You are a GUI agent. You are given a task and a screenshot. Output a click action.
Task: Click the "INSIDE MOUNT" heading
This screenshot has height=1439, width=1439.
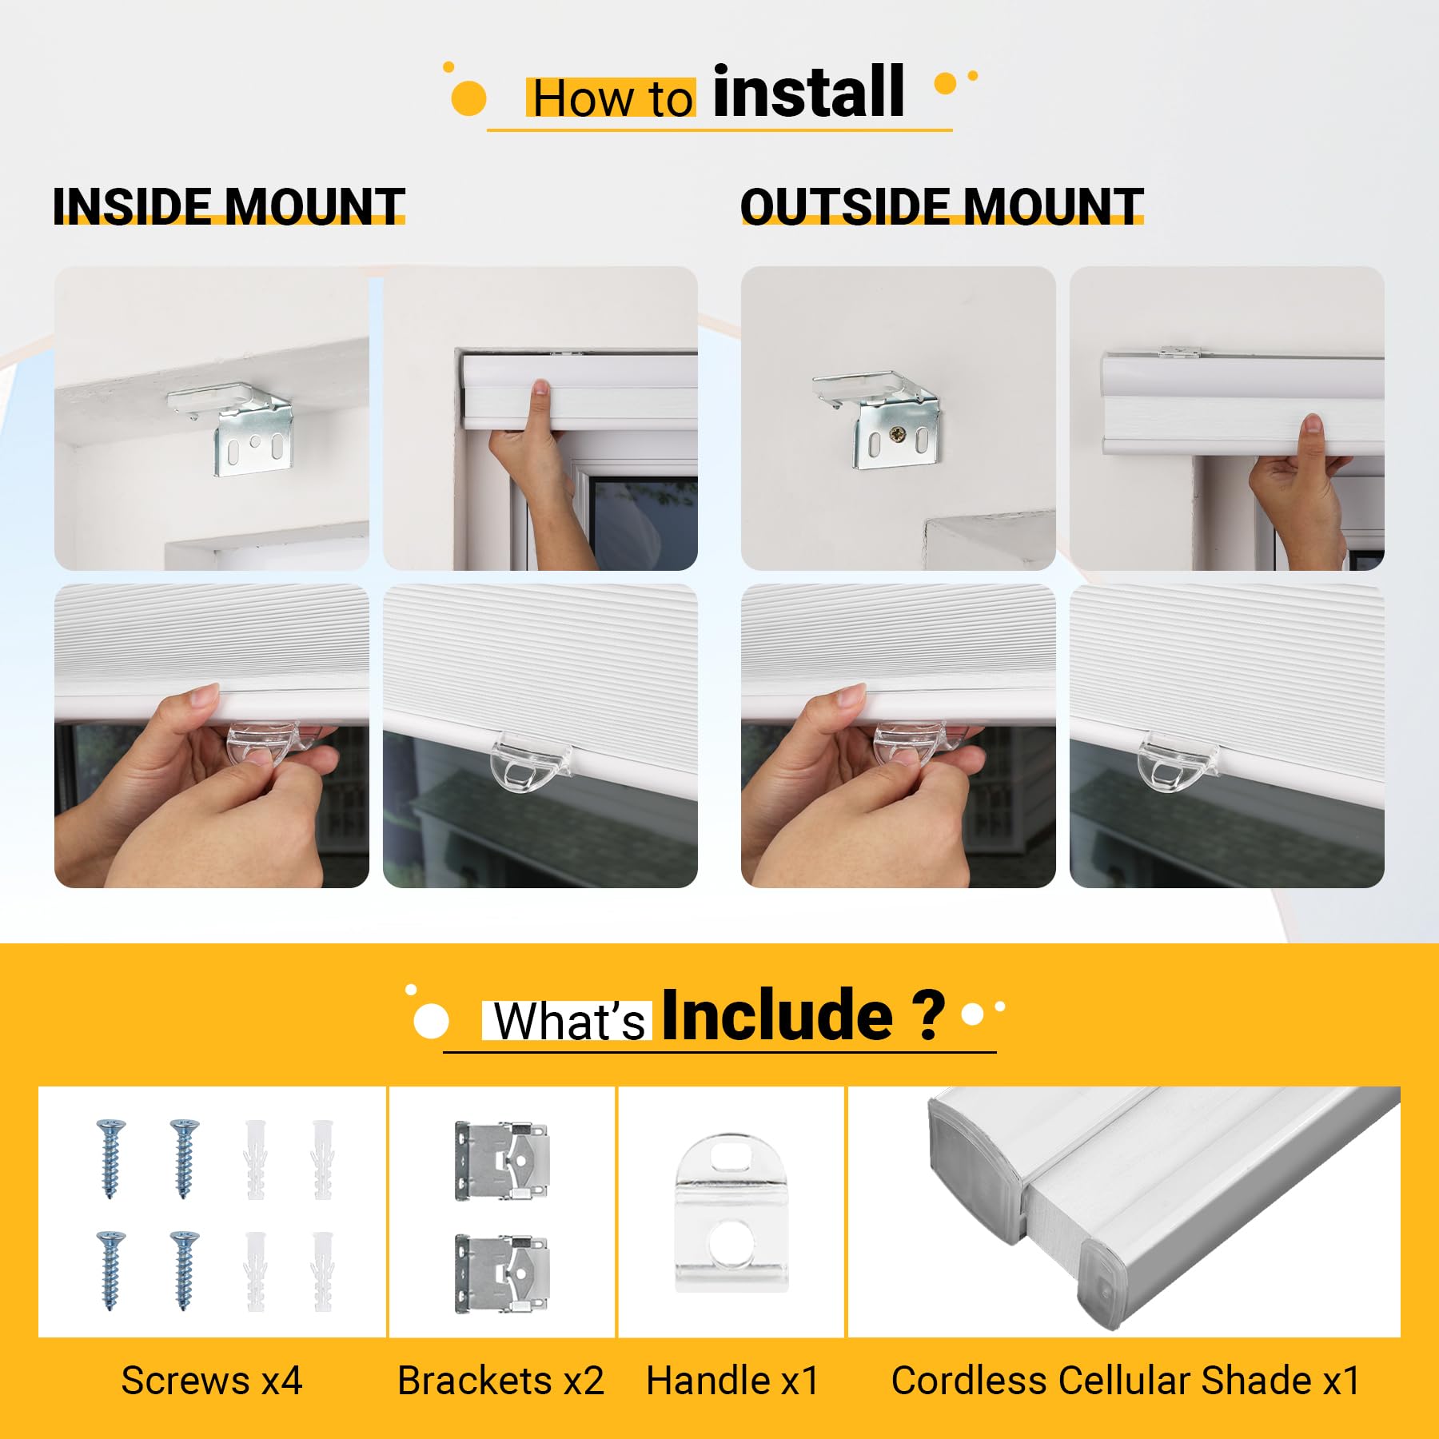click(229, 206)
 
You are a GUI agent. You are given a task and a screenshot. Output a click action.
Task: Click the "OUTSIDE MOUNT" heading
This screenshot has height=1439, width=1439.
click(942, 206)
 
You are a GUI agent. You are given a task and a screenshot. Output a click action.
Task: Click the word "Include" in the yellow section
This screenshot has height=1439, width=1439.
click(777, 1014)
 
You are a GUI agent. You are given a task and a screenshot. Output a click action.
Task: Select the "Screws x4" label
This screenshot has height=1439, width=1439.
click(212, 1381)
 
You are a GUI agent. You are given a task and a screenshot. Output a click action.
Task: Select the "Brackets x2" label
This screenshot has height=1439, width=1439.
click(500, 1381)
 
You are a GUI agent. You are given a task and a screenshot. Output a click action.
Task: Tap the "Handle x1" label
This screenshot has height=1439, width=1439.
click(732, 1381)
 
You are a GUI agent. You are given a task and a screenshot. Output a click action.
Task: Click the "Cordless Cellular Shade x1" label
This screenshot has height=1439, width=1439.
click(1126, 1381)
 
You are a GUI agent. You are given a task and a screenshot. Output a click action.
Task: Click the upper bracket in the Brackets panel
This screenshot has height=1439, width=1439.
click(501, 1160)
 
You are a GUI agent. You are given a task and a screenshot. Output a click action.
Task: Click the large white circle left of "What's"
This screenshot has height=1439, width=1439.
click(432, 1022)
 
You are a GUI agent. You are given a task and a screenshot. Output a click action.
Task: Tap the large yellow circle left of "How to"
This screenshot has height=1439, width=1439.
click(469, 98)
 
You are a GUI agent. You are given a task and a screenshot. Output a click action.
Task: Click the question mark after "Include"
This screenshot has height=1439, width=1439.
click(929, 1015)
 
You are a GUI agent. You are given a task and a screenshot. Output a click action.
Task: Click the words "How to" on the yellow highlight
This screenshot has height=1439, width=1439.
click(612, 99)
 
